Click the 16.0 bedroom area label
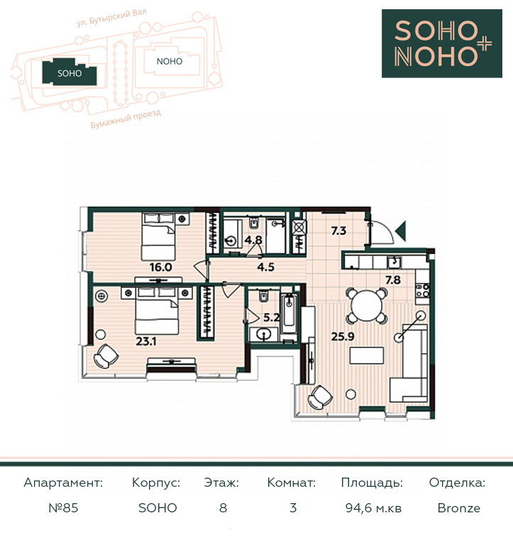(x=160, y=268)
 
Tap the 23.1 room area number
(x=146, y=341)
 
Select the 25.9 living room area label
(x=343, y=336)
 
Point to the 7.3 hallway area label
(x=338, y=231)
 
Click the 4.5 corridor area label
(x=266, y=267)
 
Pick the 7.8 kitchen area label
(x=393, y=280)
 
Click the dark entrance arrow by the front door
(x=401, y=231)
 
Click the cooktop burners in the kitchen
(x=422, y=290)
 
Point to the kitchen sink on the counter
(x=394, y=262)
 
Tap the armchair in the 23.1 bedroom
(x=106, y=356)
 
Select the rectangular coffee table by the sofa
(x=367, y=356)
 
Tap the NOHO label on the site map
(x=170, y=62)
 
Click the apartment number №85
(x=63, y=508)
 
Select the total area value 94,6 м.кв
(x=373, y=508)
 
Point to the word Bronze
(x=459, y=508)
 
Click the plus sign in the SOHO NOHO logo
(x=483, y=44)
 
